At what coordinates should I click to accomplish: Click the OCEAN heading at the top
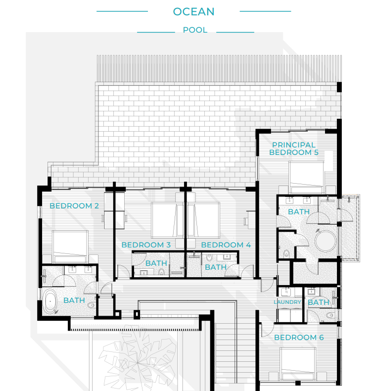194,12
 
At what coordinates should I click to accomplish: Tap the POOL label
195,30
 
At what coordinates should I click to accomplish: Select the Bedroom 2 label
74,206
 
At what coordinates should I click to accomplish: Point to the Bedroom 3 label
146,245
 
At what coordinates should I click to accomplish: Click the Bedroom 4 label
226,245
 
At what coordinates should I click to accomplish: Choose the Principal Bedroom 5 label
294,148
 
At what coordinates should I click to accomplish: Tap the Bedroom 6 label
299,338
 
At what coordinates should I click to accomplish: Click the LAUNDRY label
287,302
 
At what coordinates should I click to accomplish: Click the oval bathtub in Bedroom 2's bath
50,301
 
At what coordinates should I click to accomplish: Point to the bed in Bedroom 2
70,246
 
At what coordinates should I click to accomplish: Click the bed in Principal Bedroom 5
306,177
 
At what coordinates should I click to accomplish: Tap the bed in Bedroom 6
298,364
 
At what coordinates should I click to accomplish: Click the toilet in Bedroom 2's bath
91,305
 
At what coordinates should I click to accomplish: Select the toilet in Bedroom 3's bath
162,272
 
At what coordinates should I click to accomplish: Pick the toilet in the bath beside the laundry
330,315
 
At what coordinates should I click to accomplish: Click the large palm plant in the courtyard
138,359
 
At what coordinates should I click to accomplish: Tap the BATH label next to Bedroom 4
216,267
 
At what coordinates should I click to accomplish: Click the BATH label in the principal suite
299,212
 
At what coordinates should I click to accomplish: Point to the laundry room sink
286,292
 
